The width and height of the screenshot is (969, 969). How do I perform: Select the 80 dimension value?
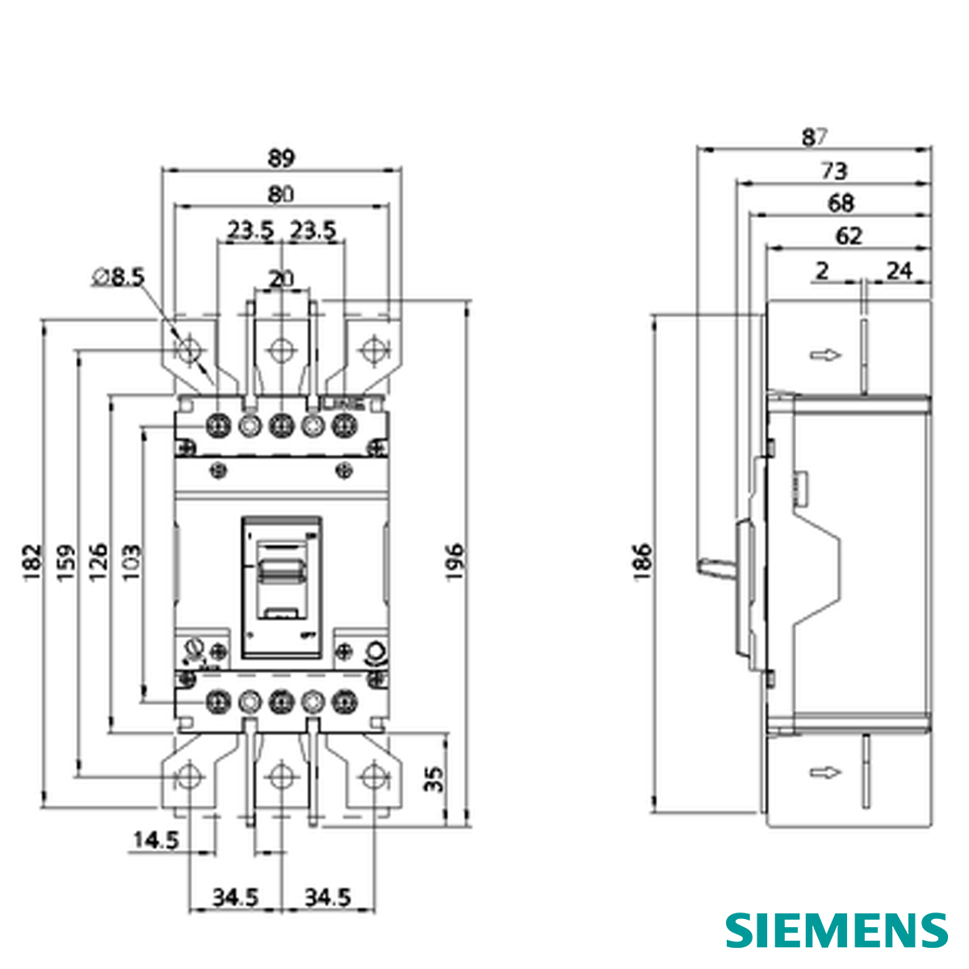point(280,195)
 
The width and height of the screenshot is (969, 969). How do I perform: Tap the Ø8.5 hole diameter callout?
point(118,278)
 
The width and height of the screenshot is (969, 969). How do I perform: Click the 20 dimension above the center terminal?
point(280,279)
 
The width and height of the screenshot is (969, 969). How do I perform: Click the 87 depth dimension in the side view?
point(814,137)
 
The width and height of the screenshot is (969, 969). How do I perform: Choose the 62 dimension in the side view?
point(849,236)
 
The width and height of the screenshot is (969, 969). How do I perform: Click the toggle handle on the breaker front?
point(280,571)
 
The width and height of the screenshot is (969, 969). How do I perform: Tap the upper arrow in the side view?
point(825,354)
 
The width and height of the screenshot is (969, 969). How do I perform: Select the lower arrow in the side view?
point(825,773)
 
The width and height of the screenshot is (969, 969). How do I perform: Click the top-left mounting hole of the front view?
point(189,350)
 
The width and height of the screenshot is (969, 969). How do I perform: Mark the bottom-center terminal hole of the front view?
point(280,778)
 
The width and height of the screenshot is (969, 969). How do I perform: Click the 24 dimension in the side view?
point(899,271)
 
